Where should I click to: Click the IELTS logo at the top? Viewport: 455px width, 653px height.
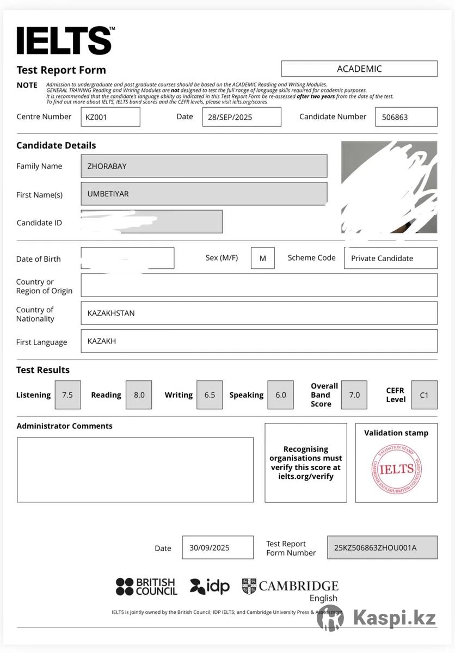click(x=65, y=41)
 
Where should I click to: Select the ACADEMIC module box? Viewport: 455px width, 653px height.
click(x=359, y=69)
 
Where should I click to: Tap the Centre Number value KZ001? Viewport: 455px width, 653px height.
click(x=110, y=117)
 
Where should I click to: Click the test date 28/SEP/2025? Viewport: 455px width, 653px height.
click(x=242, y=117)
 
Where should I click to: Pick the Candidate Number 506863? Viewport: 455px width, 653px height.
click(x=406, y=117)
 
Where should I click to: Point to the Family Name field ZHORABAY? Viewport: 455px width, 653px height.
click(x=204, y=166)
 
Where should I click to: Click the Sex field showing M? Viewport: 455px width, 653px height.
click(x=263, y=258)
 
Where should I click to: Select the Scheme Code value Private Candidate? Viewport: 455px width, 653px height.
click(x=390, y=258)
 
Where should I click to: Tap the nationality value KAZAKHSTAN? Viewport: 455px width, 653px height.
click(x=259, y=313)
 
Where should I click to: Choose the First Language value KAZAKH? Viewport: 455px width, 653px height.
click(x=259, y=341)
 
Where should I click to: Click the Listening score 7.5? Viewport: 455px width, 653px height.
click(x=67, y=395)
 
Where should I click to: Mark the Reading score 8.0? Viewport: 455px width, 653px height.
click(x=139, y=395)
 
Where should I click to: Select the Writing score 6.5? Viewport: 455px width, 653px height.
click(x=210, y=395)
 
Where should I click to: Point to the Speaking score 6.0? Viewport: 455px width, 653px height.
click(x=280, y=395)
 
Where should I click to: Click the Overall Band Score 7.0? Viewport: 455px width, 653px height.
click(x=354, y=395)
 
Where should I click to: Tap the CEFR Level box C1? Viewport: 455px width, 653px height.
click(x=424, y=395)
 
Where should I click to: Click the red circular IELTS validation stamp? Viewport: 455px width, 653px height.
click(x=396, y=469)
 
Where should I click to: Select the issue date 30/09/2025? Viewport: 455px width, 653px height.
click(x=218, y=548)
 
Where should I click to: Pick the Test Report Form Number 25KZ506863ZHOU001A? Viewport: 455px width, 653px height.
click(x=382, y=548)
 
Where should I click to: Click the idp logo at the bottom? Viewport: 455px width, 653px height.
click(x=210, y=586)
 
